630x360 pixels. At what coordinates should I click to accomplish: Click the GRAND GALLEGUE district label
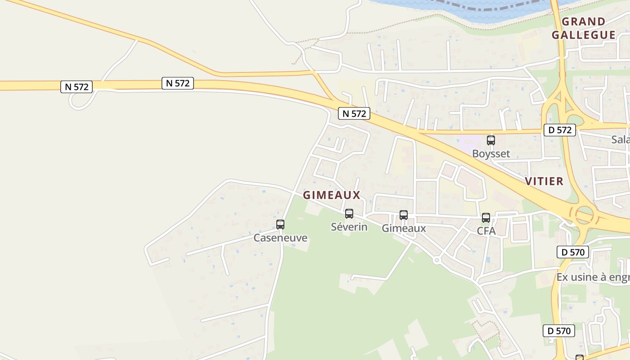[584, 28]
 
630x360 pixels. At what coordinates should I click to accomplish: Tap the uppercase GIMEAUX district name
[332, 195]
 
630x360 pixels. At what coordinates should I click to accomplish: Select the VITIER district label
[544, 181]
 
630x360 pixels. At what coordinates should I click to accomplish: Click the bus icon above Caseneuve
[280, 224]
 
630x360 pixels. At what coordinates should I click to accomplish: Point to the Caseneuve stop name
[280, 238]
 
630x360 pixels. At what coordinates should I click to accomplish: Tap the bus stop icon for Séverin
[349, 214]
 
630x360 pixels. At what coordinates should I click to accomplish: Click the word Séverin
[349, 227]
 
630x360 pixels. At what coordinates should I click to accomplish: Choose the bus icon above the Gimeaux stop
[404, 215]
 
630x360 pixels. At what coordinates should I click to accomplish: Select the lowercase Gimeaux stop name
[404, 228]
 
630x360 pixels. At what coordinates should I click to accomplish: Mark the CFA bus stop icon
[486, 218]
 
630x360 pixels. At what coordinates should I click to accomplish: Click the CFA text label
[486, 231]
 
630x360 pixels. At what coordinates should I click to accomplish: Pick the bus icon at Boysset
[491, 140]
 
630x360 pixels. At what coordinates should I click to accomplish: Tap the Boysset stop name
[491, 153]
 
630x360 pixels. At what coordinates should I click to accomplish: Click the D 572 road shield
[560, 130]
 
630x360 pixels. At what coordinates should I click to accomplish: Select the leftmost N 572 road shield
[76, 87]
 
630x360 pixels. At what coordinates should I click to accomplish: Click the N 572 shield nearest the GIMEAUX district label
[354, 113]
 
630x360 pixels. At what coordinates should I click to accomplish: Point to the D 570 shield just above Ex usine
[573, 252]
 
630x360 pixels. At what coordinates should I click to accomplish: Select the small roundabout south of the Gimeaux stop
[436, 260]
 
